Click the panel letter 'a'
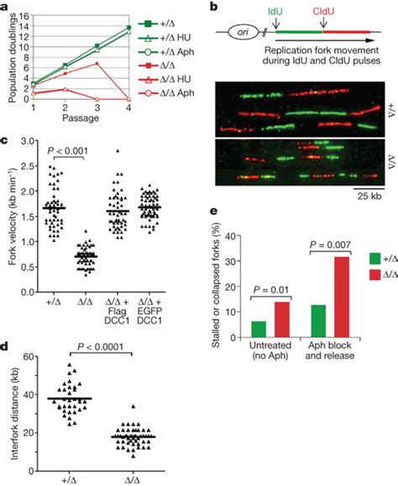[6, 6]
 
